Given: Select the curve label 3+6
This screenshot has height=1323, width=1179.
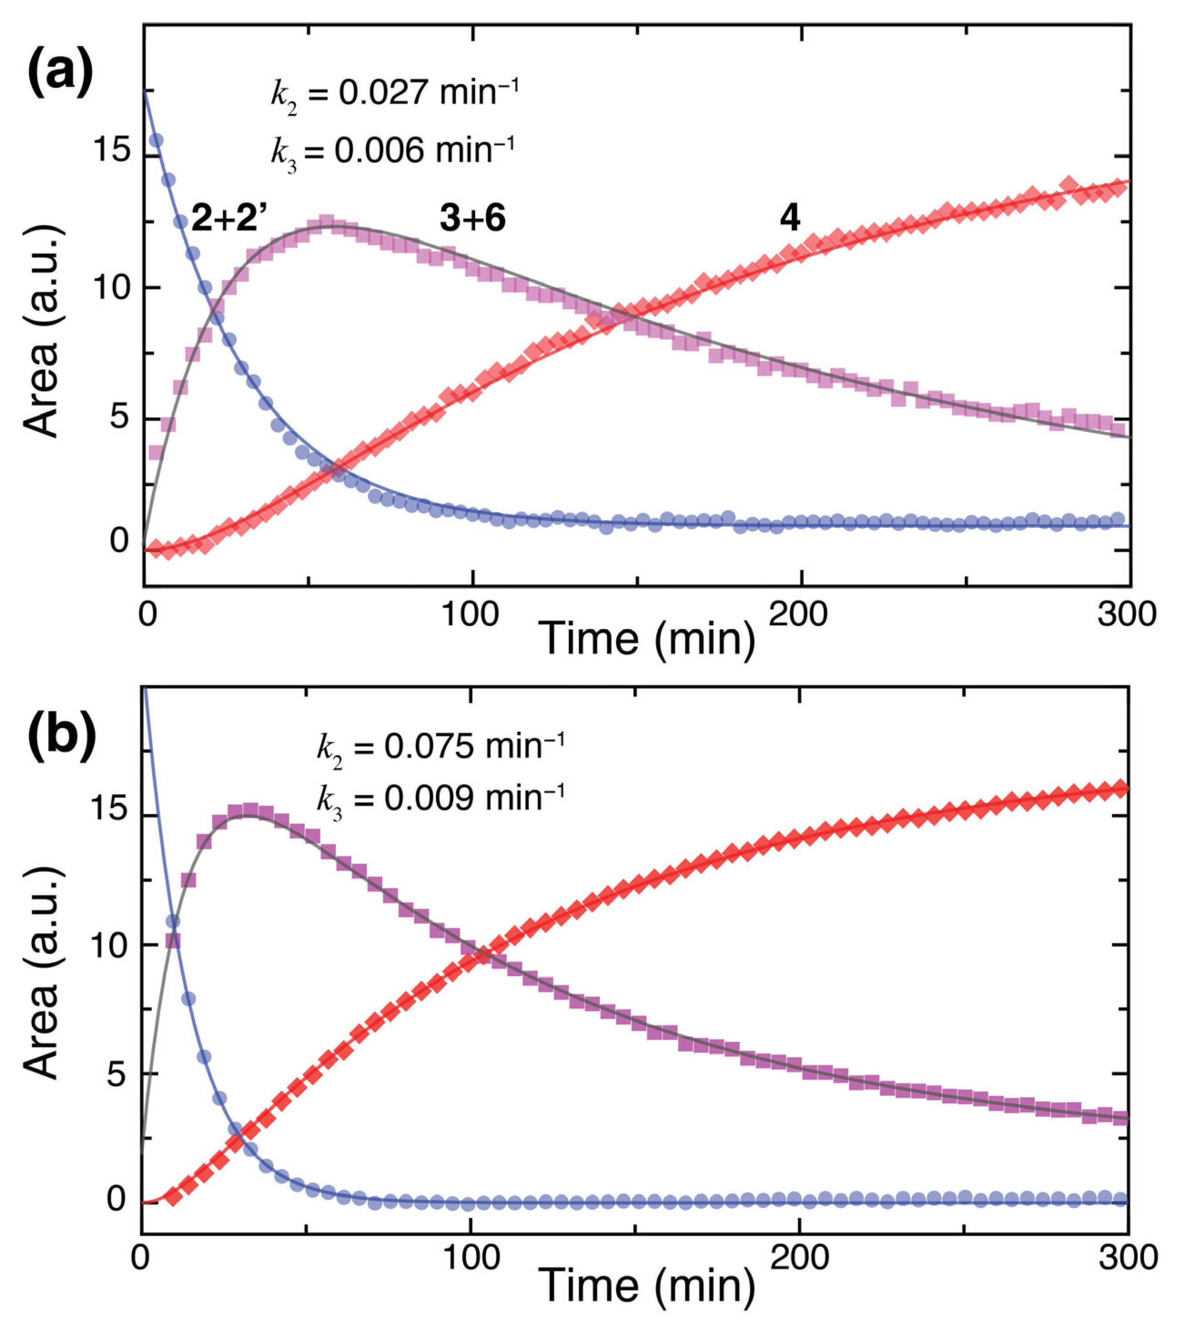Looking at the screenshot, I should pyautogui.click(x=472, y=219).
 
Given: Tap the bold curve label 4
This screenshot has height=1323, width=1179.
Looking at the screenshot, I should pyautogui.click(x=789, y=219).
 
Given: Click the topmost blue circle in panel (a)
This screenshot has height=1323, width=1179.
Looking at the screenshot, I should pyautogui.click(x=156, y=140).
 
